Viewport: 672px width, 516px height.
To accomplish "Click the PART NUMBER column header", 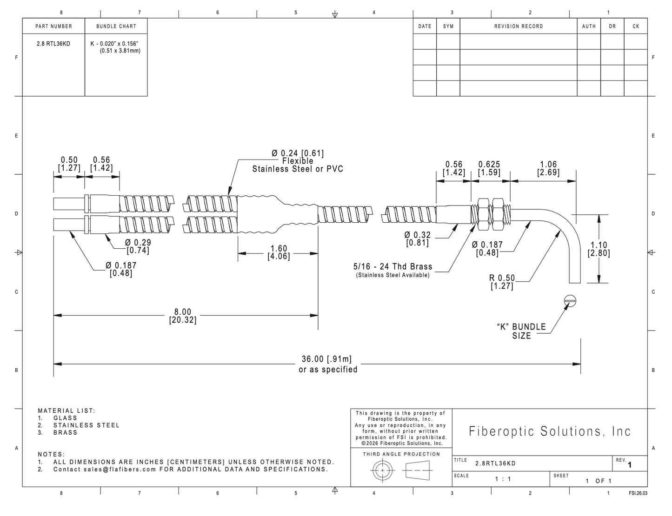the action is pyautogui.click(x=53, y=26).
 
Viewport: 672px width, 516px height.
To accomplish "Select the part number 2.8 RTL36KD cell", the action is pyautogui.click(x=53, y=44).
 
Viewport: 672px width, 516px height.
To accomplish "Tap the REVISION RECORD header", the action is pyautogui.click(x=519, y=26).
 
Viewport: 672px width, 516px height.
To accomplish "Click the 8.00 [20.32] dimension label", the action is pyautogui.click(x=182, y=316).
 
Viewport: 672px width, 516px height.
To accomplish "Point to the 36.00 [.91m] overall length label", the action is pyautogui.click(x=326, y=359).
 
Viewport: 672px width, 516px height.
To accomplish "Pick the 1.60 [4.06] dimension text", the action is pyautogui.click(x=279, y=252).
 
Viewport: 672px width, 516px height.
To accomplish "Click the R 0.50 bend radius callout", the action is pyautogui.click(x=502, y=282).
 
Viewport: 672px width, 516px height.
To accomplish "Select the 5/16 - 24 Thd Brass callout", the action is pyautogui.click(x=393, y=266).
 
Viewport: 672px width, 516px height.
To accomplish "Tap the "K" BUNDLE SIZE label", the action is pyautogui.click(x=521, y=331).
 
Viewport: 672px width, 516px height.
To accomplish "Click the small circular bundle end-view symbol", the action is pyautogui.click(x=570, y=301).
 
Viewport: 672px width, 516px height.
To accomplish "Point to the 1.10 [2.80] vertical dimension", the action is pyautogui.click(x=599, y=249).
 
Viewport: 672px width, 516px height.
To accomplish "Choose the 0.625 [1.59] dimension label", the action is pyautogui.click(x=489, y=168).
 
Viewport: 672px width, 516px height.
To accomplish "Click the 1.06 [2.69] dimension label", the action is pyautogui.click(x=548, y=168).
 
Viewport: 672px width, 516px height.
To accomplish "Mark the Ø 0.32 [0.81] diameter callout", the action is pyautogui.click(x=418, y=239).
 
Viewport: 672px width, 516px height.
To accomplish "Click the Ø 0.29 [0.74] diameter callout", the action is pyautogui.click(x=138, y=246).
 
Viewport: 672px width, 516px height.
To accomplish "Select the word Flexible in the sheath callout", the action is pyautogui.click(x=298, y=161).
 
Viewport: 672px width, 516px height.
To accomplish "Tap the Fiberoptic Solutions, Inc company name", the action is pyautogui.click(x=550, y=431).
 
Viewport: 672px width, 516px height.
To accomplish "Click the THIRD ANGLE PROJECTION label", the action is pyautogui.click(x=401, y=454).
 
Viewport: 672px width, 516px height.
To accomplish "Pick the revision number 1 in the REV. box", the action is pyautogui.click(x=630, y=465).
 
